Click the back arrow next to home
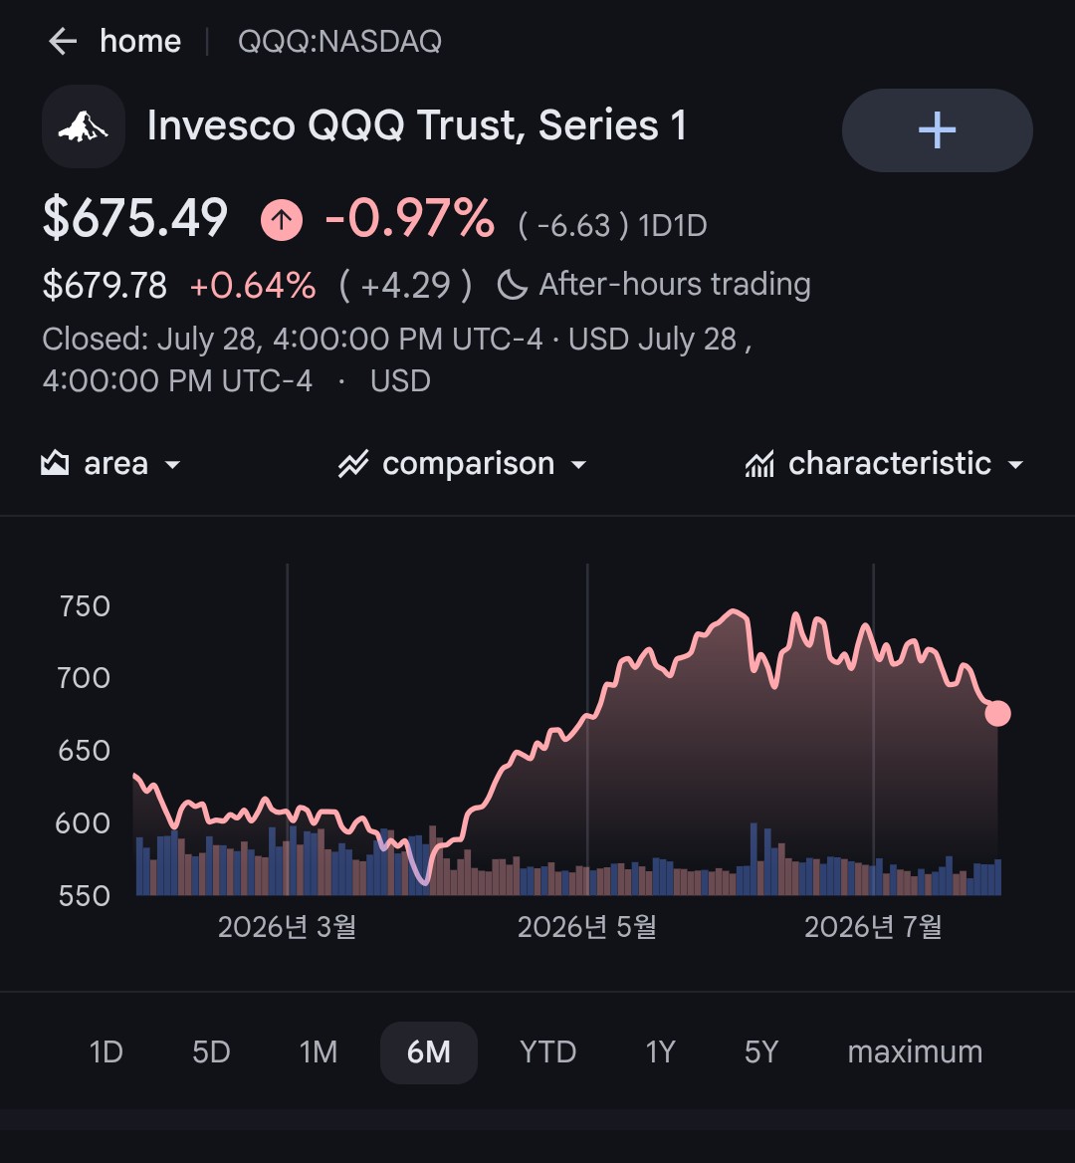(63, 42)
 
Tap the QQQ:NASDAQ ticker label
(339, 42)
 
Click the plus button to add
(937, 130)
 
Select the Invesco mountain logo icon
(84, 126)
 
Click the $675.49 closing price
(135, 218)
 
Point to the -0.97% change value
(410, 218)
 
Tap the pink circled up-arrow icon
(282, 219)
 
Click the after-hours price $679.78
(105, 286)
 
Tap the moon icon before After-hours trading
(512, 285)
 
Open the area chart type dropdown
(110, 464)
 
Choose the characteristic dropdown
(885, 464)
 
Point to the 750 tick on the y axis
(85, 606)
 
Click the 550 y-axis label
(85, 896)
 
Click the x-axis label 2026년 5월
(587, 927)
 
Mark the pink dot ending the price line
(998, 714)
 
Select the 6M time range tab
(429, 1052)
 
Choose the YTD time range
(547, 1052)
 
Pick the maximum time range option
(915, 1052)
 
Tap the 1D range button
(107, 1052)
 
